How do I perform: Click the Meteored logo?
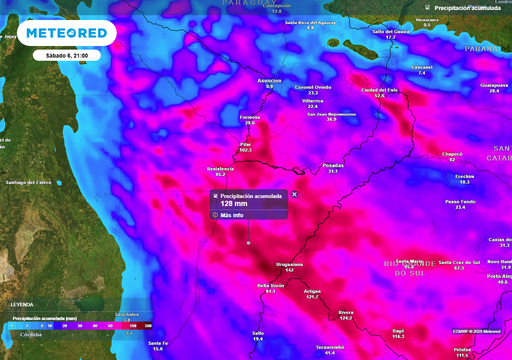click(66, 33)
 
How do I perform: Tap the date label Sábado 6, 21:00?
click(66, 55)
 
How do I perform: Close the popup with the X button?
click(294, 194)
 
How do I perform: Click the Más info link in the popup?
click(231, 215)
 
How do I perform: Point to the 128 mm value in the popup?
click(234, 203)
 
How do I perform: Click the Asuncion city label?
click(269, 80)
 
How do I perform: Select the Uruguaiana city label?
click(289, 264)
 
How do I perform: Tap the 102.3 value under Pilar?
click(245, 150)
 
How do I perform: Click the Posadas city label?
click(333, 165)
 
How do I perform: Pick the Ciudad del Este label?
click(379, 90)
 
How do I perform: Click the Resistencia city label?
click(220, 169)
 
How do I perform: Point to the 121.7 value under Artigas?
click(312, 297)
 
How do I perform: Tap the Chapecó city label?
click(452, 154)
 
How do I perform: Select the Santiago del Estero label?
click(28, 182)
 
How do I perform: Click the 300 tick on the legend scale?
click(148, 325)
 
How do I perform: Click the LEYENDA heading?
click(22, 304)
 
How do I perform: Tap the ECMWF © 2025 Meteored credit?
click(476, 331)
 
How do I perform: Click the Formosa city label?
click(249, 117)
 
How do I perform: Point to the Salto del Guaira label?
click(390, 31)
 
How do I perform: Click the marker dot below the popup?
click(248, 243)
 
